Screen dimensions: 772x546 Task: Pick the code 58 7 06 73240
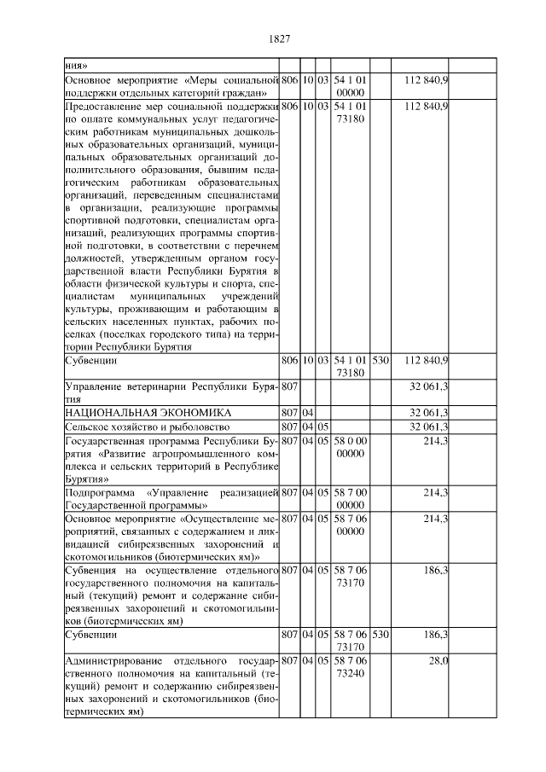[351, 667]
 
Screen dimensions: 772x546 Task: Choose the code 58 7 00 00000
[351, 499]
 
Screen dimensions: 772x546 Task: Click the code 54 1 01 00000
[351, 85]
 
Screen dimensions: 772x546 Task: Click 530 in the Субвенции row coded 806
[380, 361]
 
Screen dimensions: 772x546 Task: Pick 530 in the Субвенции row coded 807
[380, 635]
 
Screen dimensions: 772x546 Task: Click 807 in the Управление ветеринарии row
[288, 386]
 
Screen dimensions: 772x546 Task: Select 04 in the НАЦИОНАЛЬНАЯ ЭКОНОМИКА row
[308, 413]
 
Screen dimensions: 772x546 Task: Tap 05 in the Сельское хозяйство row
[324, 426]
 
